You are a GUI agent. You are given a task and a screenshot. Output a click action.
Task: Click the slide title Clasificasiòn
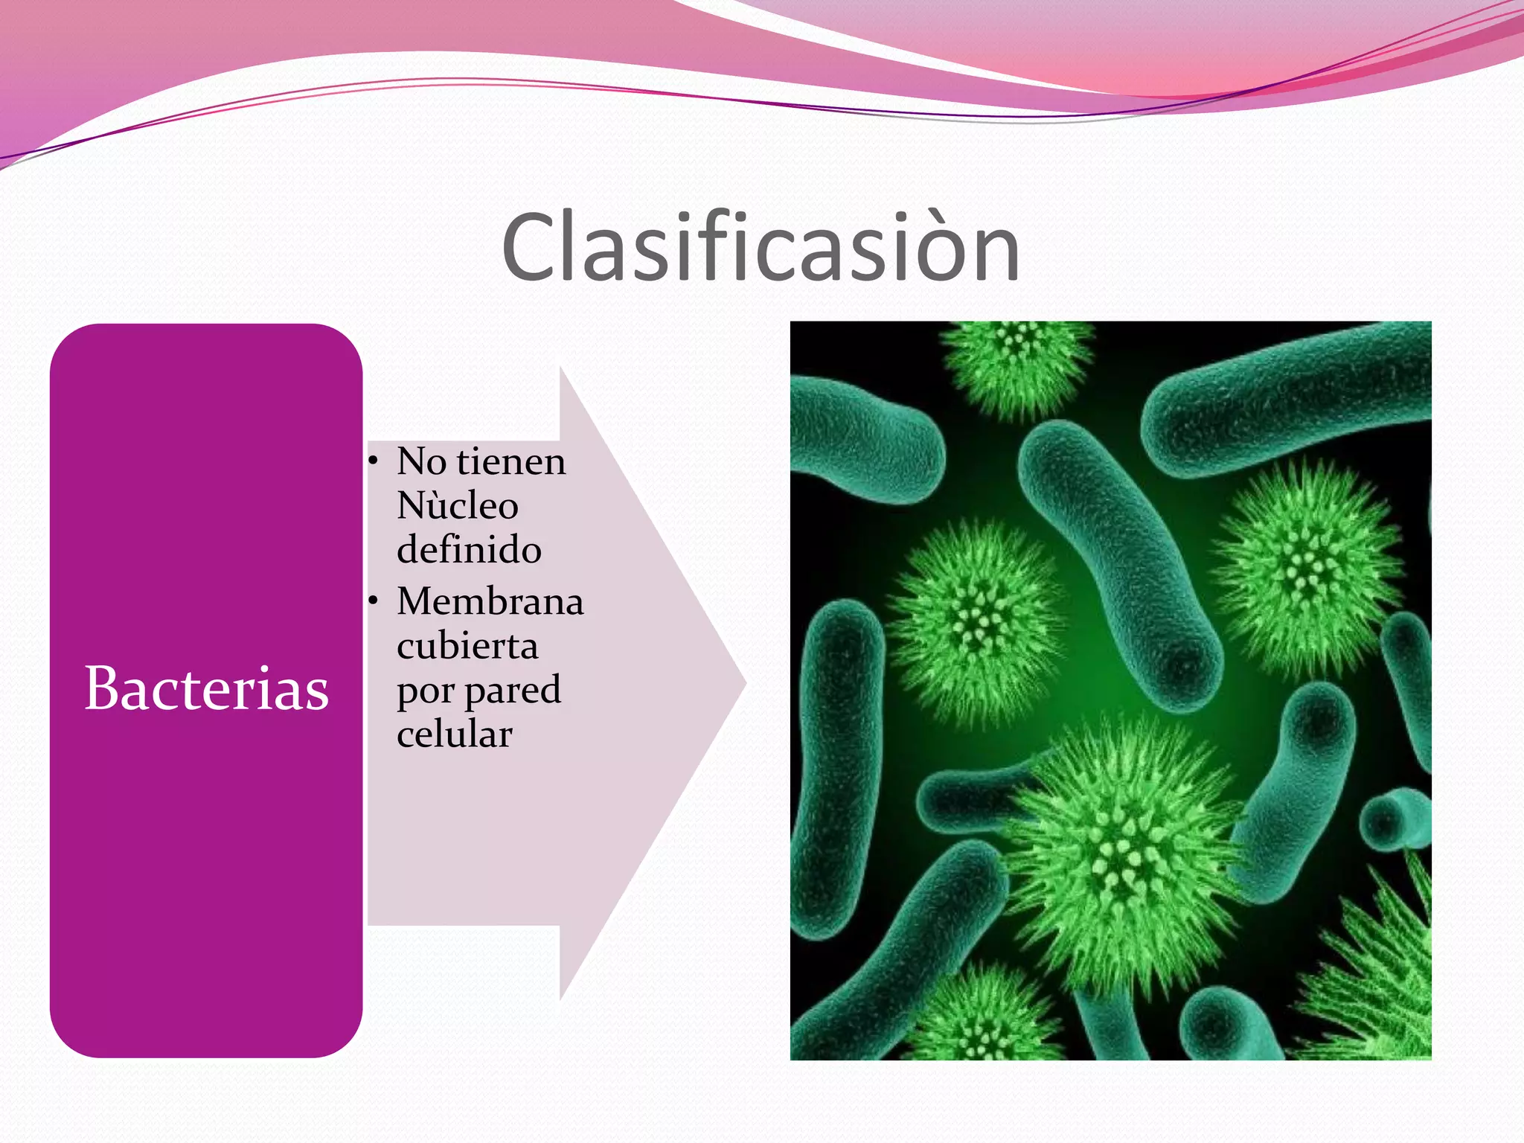[x=761, y=247]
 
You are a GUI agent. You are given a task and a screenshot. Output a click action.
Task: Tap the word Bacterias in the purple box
[x=206, y=688]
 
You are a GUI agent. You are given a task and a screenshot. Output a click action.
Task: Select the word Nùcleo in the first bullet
[x=457, y=506]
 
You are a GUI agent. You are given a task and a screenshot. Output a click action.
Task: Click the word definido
[x=469, y=550]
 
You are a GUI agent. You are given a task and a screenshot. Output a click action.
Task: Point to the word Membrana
[x=490, y=601]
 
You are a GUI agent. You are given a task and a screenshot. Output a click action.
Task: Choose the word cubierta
[x=467, y=646]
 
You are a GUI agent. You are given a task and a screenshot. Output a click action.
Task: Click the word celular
[x=454, y=734]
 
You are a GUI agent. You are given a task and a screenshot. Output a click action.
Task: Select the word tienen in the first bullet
[x=511, y=462]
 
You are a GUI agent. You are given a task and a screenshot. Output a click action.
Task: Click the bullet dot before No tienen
[x=374, y=461]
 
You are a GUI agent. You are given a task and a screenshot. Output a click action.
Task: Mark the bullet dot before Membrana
[x=374, y=601]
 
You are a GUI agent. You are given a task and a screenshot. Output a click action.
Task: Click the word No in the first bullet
[x=421, y=462]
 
